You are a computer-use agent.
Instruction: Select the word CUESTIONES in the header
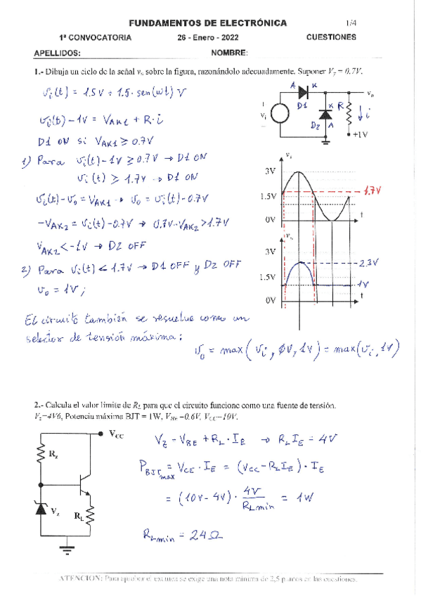pos(331,38)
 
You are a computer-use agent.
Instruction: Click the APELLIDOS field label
pos(57,53)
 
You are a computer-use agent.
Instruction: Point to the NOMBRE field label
pos(228,53)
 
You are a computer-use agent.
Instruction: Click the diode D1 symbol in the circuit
pos(303,92)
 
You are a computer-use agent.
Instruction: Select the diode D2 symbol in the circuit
pos(325,114)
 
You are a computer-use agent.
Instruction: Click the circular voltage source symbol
pos(280,114)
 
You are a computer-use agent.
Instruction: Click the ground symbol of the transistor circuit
pos(65,548)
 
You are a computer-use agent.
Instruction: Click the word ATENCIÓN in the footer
pos(79,578)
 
